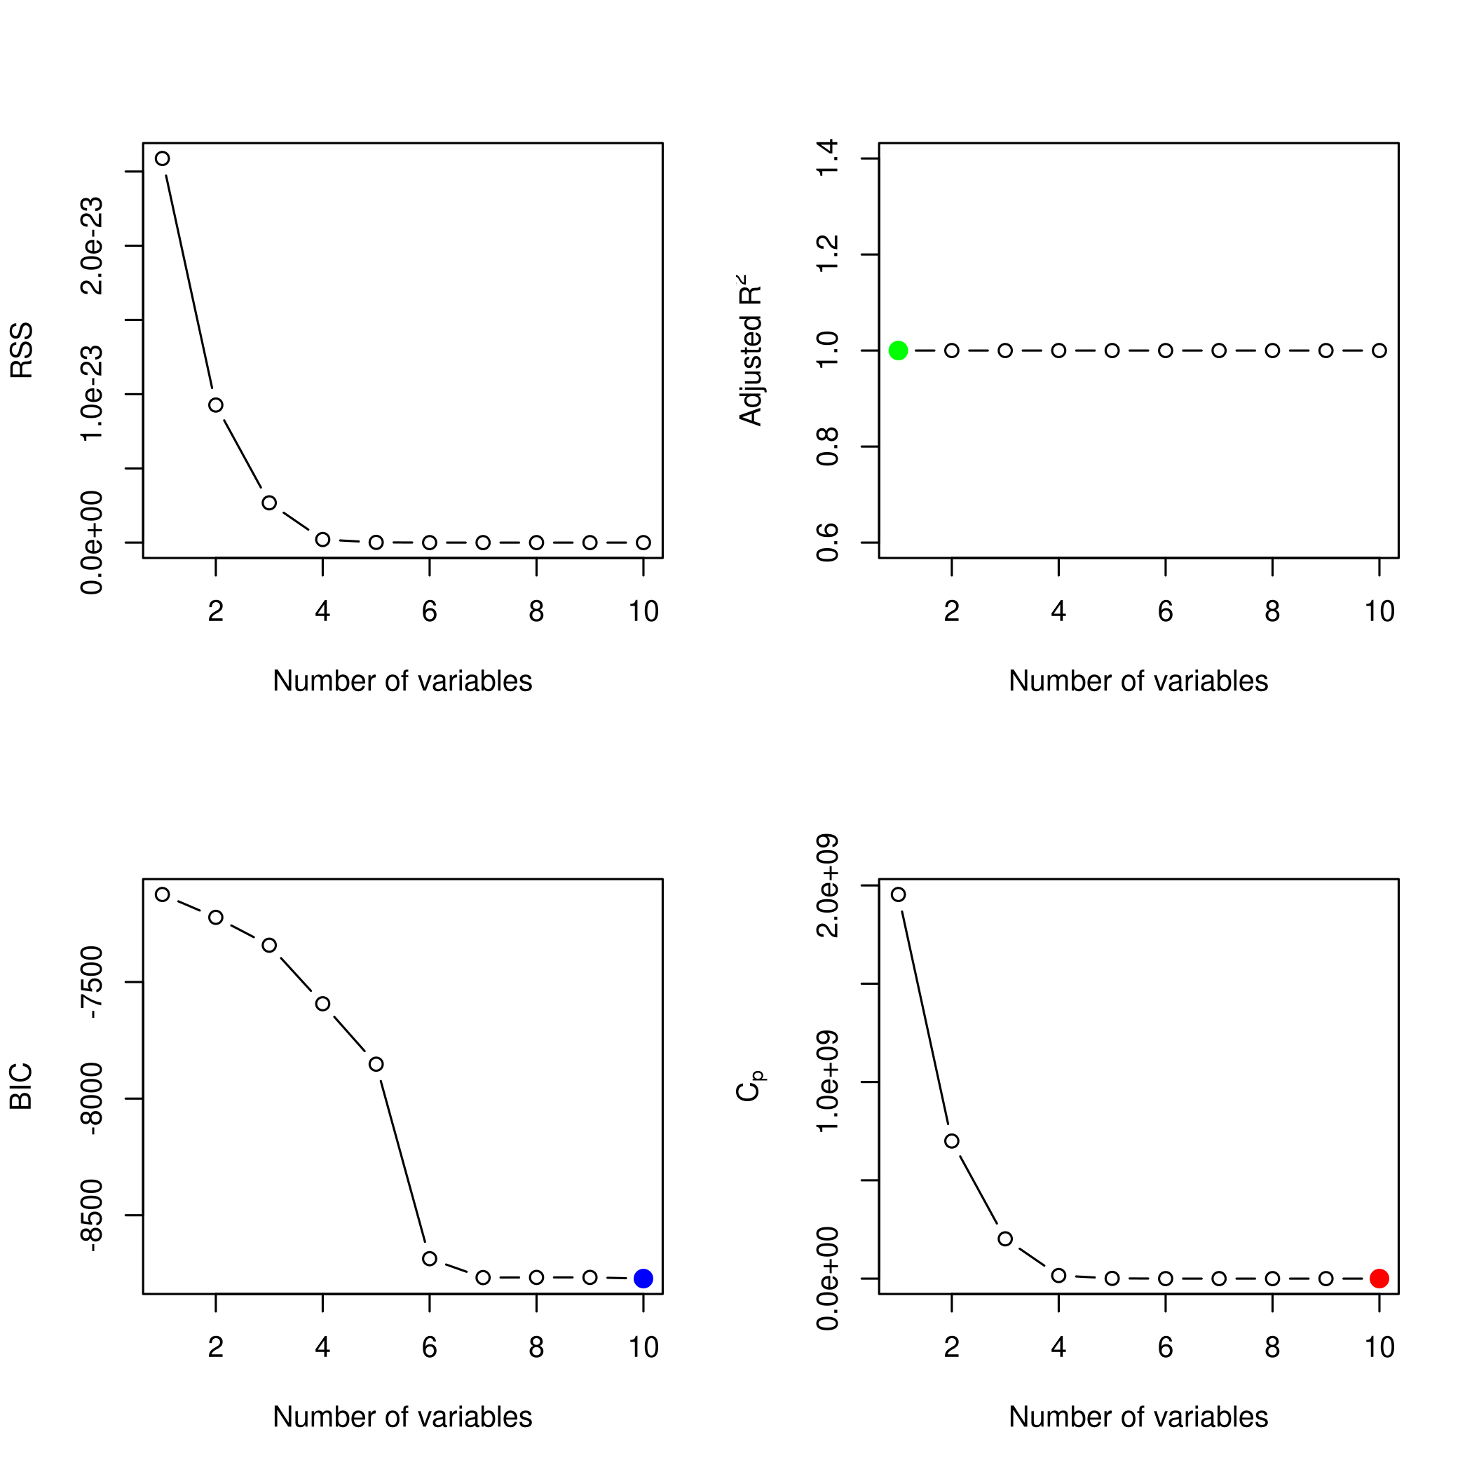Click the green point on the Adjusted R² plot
899,350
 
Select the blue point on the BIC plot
643,1278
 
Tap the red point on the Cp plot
1379,1278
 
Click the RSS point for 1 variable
163,158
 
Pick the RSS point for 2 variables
216,404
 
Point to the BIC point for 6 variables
430,1258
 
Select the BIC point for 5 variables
376,1063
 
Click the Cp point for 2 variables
952,1140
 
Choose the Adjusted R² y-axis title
751,350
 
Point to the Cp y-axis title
751,1087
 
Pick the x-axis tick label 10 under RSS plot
643,612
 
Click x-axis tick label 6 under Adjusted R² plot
1165,612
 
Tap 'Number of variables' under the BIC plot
402,1417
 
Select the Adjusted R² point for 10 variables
1379,350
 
